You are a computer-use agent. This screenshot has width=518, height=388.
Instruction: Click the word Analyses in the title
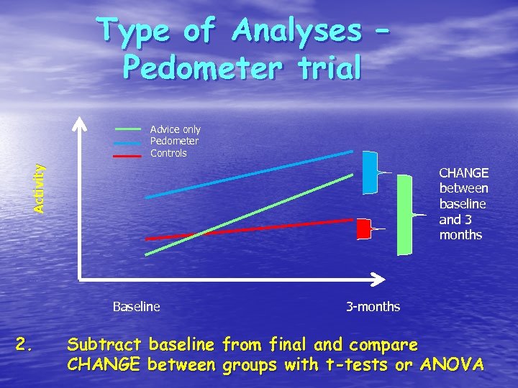pyautogui.click(x=297, y=31)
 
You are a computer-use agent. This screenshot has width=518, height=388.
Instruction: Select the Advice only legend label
pyautogui.click(x=175, y=129)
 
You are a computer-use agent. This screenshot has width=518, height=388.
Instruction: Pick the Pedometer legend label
pyautogui.click(x=174, y=141)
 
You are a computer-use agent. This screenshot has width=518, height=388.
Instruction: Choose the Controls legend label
pyautogui.click(x=168, y=153)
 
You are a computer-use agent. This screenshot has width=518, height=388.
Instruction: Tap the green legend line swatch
pyautogui.click(x=128, y=129)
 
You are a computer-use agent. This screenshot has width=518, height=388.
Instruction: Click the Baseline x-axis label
pyautogui.click(x=136, y=307)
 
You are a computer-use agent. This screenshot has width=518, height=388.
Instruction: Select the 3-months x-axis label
pyautogui.click(x=373, y=307)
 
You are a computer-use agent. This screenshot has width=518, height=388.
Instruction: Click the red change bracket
pyautogui.click(x=363, y=228)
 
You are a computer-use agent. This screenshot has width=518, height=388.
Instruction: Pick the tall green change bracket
pyautogui.click(x=404, y=215)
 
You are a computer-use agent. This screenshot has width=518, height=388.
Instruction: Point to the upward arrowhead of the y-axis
pyautogui.click(x=78, y=122)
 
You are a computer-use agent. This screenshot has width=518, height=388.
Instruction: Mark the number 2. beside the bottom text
pyautogui.click(x=24, y=346)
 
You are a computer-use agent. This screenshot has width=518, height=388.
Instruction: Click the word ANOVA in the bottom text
pyautogui.click(x=453, y=364)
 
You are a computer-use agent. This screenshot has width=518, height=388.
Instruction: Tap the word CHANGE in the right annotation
pyautogui.click(x=463, y=173)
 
